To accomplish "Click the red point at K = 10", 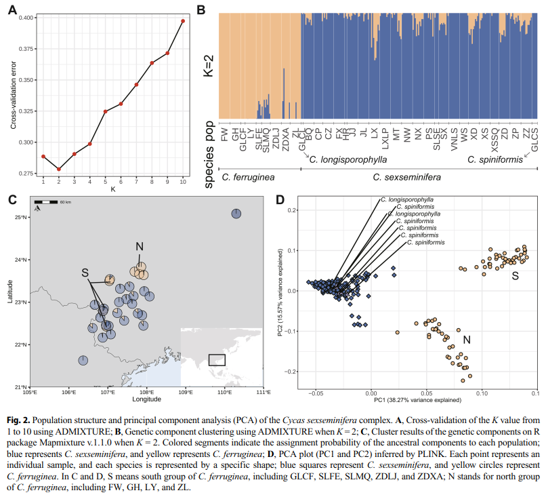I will coord(183,21).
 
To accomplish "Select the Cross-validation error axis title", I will coord(12,96).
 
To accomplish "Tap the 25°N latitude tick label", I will coord(20,217).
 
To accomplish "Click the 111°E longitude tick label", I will coord(263,393).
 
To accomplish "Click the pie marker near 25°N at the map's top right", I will coord(236,214).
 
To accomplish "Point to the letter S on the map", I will coord(85,273).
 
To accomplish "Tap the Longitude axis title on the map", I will coord(146,401).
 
